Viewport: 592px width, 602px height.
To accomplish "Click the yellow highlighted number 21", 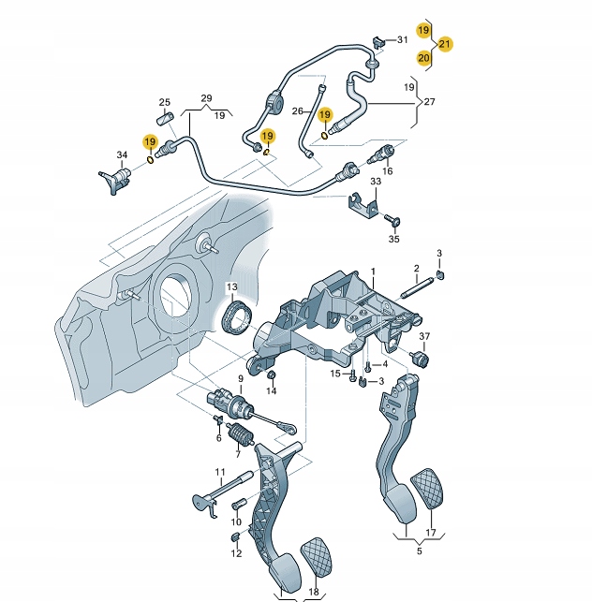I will [x=445, y=44].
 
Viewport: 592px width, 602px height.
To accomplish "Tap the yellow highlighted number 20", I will [x=423, y=58].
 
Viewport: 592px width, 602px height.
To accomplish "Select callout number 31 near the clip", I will [x=403, y=39].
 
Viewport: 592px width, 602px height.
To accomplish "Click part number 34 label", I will [x=121, y=154].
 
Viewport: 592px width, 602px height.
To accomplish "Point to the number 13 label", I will [x=230, y=286].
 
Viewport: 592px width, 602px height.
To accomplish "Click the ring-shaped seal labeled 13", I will [x=240, y=317].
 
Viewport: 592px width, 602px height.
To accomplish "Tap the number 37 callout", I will [x=424, y=337].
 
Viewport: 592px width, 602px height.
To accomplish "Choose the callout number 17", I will [x=431, y=533].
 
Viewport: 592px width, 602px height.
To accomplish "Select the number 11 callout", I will [x=220, y=472].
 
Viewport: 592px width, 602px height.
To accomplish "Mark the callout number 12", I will [x=236, y=553].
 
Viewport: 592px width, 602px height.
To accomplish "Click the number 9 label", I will [x=240, y=380].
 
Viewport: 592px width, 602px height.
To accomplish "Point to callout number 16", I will [x=387, y=171].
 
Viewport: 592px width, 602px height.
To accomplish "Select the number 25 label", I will [x=164, y=102].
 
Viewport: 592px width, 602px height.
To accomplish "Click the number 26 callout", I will [x=299, y=110].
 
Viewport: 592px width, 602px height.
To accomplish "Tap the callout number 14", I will [x=271, y=392].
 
